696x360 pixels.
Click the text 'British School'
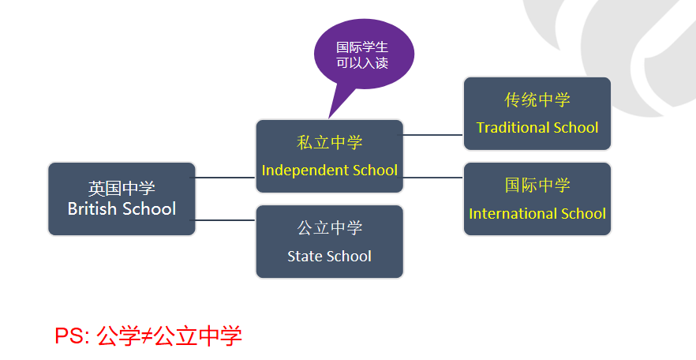[x=122, y=209]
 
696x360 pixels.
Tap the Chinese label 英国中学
[x=122, y=189]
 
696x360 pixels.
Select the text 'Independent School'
[x=330, y=171]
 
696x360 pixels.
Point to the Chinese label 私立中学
[x=330, y=143]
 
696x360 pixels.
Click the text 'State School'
[x=329, y=256]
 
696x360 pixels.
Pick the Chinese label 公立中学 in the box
[x=330, y=228]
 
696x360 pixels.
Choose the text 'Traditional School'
[x=537, y=128]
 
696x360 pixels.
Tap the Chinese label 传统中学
[x=537, y=100]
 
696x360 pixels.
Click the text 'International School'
[x=537, y=214]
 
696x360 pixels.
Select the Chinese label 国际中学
[x=537, y=186]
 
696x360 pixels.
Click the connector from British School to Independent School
[x=225, y=178]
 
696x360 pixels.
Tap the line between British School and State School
[x=225, y=220]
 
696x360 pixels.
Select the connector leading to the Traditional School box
[x=433, y=135]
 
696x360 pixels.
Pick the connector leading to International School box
[x=433, y=178]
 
